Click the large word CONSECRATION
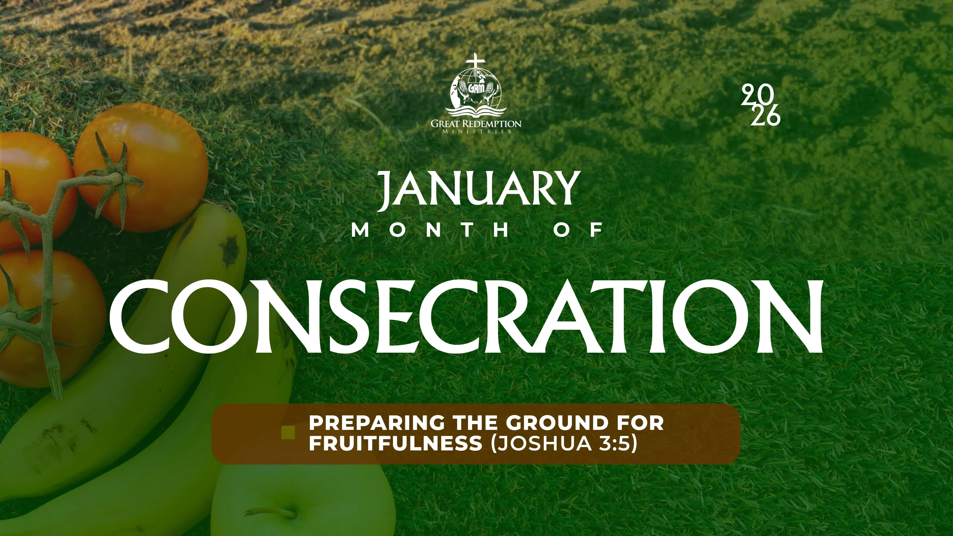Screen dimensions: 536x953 [466, 316]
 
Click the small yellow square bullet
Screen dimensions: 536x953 [288, 433]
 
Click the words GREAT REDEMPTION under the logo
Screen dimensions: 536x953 [476, 124]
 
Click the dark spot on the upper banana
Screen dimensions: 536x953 [230, 248]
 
